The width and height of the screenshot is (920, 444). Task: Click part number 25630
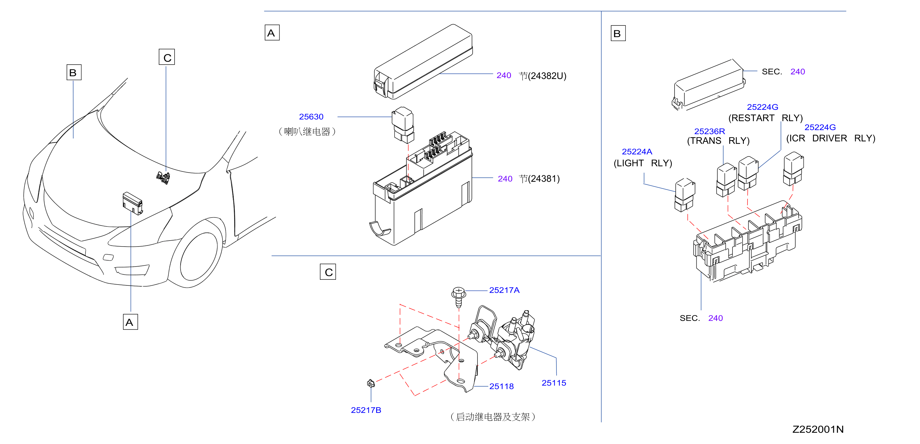311,117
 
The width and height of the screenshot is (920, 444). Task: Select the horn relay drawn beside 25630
403,124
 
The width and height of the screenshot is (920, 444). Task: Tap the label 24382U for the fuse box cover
547,76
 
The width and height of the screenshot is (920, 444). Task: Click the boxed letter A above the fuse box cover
272,33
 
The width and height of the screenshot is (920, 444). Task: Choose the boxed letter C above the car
167,57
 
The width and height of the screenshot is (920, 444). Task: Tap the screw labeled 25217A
459,297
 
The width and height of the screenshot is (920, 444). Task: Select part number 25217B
366,410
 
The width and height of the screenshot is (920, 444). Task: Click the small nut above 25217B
371,384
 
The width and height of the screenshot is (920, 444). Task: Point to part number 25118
501,387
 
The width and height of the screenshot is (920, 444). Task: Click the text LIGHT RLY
643,163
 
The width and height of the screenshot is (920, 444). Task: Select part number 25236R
710,131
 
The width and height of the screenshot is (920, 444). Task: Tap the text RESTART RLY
766,118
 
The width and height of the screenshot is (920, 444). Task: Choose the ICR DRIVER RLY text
831,138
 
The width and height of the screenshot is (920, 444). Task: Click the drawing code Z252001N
818,429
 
